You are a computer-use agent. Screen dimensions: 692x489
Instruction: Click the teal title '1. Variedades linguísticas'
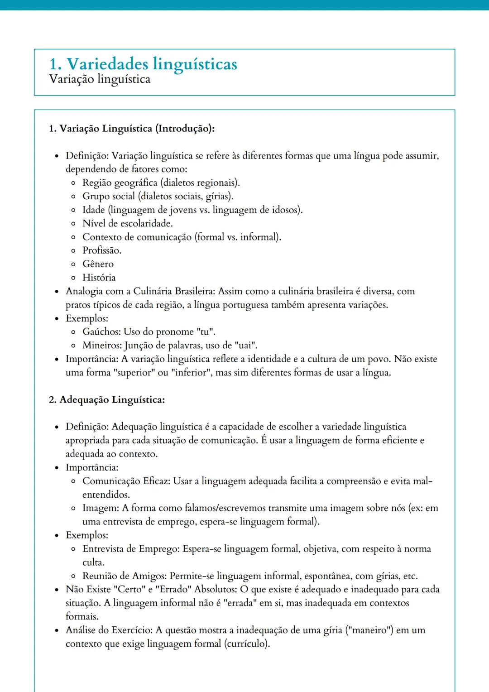coord(143,64)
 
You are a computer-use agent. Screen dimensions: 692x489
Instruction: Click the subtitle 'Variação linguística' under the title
coord(100,79)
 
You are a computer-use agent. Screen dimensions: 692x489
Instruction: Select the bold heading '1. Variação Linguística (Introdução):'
coord(131,129)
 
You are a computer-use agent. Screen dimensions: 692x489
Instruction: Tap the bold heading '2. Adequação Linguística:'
coord(107,400)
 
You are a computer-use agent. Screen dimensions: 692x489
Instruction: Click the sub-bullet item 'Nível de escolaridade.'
coord(127,223)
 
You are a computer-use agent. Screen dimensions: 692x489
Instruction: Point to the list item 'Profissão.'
coord(102,250)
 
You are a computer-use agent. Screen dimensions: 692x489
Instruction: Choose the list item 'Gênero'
coord(98,264)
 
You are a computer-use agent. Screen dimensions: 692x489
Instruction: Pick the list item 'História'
coord(99,278)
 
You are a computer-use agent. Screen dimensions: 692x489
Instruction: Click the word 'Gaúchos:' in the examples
coord(101,332)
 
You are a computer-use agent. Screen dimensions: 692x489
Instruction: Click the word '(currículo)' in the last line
coord(247,644)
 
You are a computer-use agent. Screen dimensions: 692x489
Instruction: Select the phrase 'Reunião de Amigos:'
coord(125,576)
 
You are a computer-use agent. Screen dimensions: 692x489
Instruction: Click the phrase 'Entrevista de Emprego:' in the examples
coord(131,549)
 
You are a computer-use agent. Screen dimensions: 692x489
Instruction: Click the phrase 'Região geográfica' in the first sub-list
coord(120,183)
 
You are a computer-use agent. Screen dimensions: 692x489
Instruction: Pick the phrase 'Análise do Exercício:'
coord(110,630)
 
